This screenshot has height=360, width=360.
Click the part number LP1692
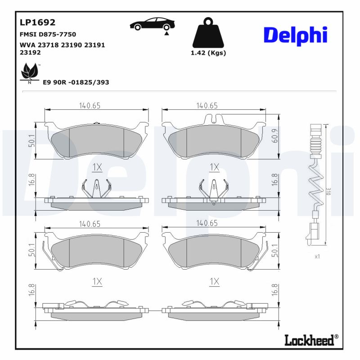37,22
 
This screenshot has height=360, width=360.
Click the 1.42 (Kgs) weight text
208,53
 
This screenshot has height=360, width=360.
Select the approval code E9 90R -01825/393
76,82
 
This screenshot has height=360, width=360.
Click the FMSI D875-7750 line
48,34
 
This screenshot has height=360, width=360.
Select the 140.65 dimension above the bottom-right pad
207,223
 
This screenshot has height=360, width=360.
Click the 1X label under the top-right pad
214,167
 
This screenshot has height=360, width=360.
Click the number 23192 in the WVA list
30,52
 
